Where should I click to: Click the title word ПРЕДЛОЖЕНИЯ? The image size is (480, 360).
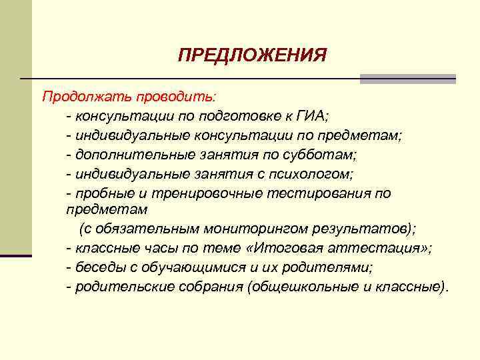(x=252, y=55)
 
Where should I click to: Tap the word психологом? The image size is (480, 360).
(x=319, y=174)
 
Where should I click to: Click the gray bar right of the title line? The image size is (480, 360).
(x=407, y=79)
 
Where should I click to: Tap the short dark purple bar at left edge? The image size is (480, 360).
(x=15, y=255)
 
